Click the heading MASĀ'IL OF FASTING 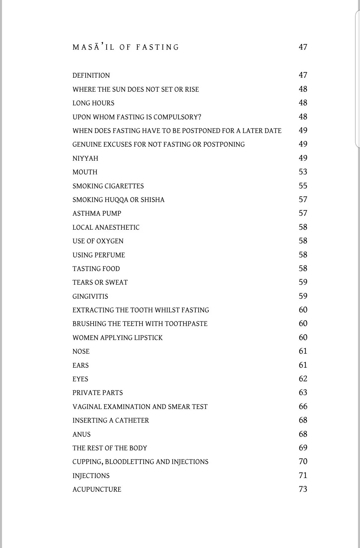[x=126, y=47]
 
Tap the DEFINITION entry [x=91, y=76]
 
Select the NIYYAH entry [x=85, y=158]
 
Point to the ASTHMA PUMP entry [x=97, y=214]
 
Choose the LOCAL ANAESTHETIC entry [x=106, y=227]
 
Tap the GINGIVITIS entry [x=90, y=296]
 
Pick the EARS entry [x=81, y=365]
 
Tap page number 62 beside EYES [x=303, y=379]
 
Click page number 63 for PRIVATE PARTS [x=303, y=393]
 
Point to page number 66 [x=303, y=407]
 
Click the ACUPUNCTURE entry [x=97, y=489]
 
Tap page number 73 [x=303, y=489]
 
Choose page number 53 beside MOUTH [x=303, y=172]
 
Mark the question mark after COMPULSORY [x=199, y=117]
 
